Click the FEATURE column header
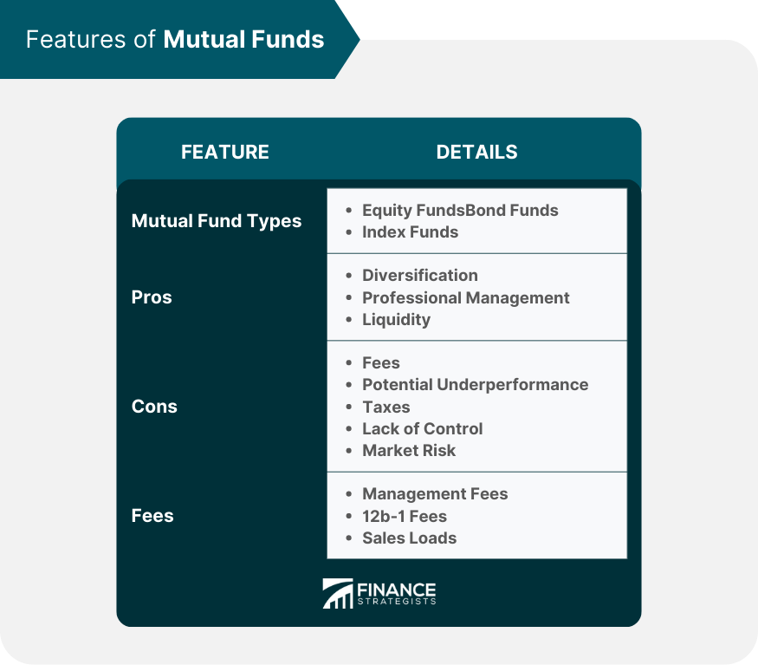click(225, 152)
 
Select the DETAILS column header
click(476, 152)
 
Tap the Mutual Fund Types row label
click(217, 221)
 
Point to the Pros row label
click(152, 297)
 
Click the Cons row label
click(154, 407)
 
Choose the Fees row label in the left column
click(152, 515)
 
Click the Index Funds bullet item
click(410, 232)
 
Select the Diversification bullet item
click(420, 275)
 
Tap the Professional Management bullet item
click(466, 297)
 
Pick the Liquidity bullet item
click(396, 319)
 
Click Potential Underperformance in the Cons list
click(475, 384)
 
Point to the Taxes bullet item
click(386, 407)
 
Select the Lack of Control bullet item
click(423, 428)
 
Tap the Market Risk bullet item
click(409, 450)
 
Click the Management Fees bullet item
click(435, 493)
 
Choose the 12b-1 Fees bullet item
click(405, 516)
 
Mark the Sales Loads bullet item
click(409, 538)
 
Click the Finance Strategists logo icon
click(338, 594)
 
